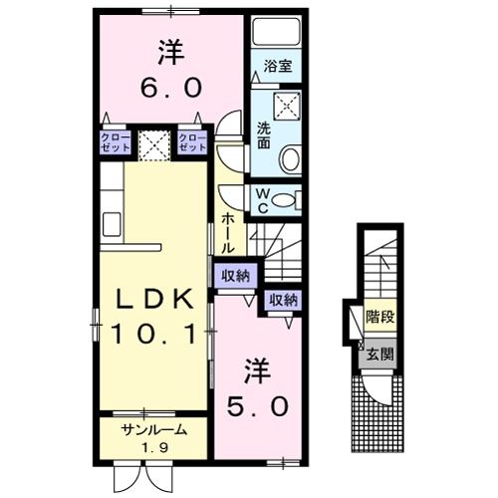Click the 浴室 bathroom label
coord(278,68)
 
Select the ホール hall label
coord(228,231)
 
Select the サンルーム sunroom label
coord(152,429)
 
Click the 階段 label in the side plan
coord(378,320)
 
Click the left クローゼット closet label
coord(112,140)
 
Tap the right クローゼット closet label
coord(192,140)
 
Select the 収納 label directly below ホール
coord(236,276)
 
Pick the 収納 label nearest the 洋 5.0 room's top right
coord(283,299)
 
